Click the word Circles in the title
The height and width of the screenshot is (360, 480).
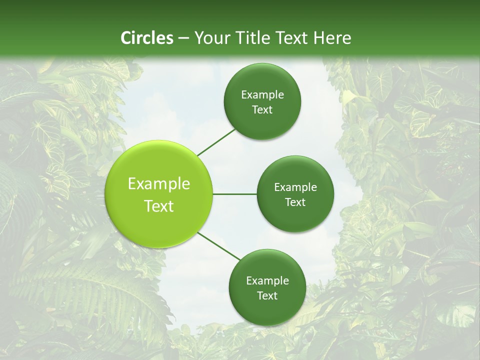coord(146,38)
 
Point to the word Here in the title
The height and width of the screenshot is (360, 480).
coord(332,38)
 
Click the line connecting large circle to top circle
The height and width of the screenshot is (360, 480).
coord(216,141)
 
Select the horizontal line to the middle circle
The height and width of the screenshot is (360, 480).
coord(234,194)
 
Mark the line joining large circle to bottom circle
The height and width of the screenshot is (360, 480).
coord(218,246)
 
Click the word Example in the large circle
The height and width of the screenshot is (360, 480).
coord(159,184)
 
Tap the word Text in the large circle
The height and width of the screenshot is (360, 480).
coord(159,206)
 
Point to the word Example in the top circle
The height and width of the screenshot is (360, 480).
coord(262,95)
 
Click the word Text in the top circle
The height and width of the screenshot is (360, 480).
coord(262,110)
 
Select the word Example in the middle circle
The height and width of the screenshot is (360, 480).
coord(295,187)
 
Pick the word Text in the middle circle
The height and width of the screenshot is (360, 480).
coord(295,202)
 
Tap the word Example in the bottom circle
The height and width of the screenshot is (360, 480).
coord(267,281)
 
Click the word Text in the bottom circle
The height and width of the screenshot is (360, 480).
coord(267,296)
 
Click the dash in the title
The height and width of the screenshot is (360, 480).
coord(183,38)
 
